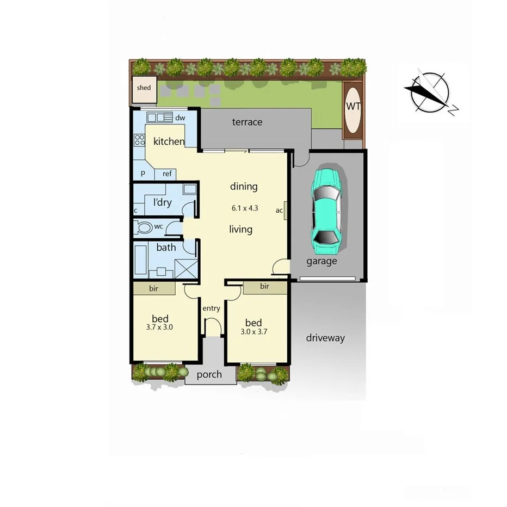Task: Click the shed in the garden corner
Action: pyautogui.click(x=144, y=88)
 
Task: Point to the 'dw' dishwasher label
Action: pyautogui.click(x=181, y=118)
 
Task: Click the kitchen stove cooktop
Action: pyautogui.click(x=139, y=140)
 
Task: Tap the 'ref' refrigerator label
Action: pyautogui.click(x=167, y=174)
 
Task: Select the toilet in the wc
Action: pyautogui.click(x=144, y=227)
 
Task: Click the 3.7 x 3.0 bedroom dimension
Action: pyautogui.click(x=160, y=327)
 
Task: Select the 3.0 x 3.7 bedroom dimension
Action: pyautogui.click(x=253, y=331)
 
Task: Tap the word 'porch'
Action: pyautogui.click(x=209, y=374)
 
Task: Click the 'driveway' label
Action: pyautogui.click(x=325, y=338)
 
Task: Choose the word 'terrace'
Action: pyautogui.click(x=247, y=122)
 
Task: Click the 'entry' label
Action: pyautogui.click(x=211, y=308)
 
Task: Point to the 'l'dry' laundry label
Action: pyautogui.click(x=162, y=203)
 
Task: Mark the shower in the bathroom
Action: pyautogui.click(x=184, y=268)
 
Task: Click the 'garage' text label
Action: pyautogui.click(x=321, y=261)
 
